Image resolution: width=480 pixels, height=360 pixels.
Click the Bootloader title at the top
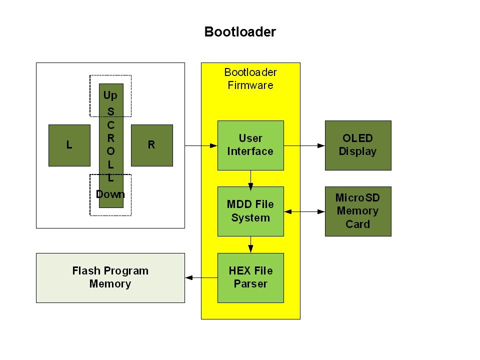coord(240,32)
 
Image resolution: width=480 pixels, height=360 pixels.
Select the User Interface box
coord(250,145)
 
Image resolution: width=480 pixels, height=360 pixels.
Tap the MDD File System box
coord(250,211)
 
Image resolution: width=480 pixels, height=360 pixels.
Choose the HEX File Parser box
coord(250,277)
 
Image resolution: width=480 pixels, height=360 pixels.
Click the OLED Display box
coord(358,145)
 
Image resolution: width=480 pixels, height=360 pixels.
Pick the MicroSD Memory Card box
coord(358,211)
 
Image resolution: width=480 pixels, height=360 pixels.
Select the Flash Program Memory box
coord(110,277)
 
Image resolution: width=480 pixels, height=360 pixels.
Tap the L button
coord(69,145)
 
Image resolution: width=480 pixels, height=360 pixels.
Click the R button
coord(151,145)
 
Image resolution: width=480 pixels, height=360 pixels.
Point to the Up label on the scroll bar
coord(110,95)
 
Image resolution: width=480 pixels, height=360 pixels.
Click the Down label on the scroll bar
coord(110,194)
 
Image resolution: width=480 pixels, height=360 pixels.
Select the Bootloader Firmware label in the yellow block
coord(250,78)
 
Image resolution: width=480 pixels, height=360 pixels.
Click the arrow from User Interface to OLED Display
coord(304,145)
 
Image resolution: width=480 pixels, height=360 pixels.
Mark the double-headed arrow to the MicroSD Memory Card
coord(304,212)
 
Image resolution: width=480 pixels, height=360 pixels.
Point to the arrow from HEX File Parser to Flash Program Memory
coord(201,277)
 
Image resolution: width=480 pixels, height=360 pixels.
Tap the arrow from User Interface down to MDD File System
coord(250,178)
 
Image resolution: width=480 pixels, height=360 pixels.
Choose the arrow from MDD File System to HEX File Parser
coord(250,245)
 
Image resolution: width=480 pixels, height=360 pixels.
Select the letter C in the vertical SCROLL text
coord(111,124)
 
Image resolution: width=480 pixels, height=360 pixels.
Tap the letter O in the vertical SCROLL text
coord(111,151)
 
